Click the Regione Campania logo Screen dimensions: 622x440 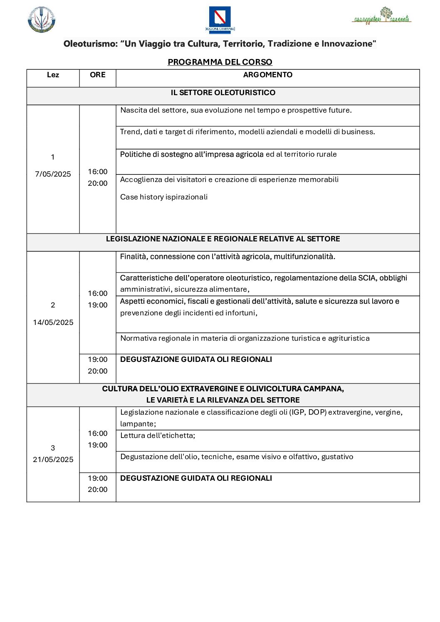pos(220,19)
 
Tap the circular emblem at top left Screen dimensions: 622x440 pos(42,19)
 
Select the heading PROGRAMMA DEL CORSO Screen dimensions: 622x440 pos(220,62)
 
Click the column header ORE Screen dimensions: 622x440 pos(98,75)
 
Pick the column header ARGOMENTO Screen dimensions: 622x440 pos(267,75)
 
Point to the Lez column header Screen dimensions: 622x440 pos(53,75)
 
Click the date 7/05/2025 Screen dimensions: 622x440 pos(53,174)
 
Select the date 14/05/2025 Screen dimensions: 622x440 pos(53,322)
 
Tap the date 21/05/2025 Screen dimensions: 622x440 pos(53,460)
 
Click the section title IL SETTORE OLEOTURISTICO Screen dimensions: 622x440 pos(223,93)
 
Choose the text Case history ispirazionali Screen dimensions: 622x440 pos(164,197)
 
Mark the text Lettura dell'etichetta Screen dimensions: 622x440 pos(158,435)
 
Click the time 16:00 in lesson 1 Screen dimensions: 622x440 pos(98,172)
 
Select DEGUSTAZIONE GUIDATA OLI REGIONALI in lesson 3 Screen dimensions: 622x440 pos(196,478)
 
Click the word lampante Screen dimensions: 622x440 pos(137,424)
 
